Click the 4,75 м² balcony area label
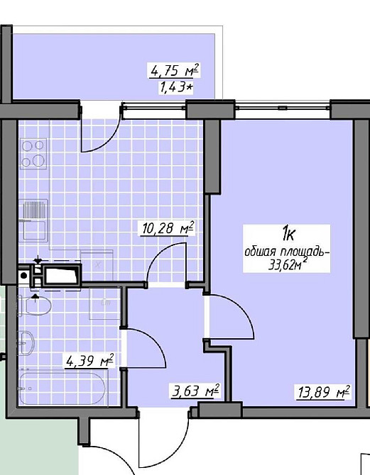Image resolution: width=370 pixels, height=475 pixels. [175, 71]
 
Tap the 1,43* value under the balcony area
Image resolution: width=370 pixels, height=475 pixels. [175, 87]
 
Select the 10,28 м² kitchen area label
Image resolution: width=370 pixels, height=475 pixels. [168, 228]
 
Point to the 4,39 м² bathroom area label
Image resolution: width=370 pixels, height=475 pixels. [89, 360]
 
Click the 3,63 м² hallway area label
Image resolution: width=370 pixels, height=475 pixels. [195, 391]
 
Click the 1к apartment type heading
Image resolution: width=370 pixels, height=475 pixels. [288, 234]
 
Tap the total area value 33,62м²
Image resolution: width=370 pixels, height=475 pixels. [286, 264]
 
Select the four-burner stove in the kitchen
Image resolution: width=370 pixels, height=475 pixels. [33, 154]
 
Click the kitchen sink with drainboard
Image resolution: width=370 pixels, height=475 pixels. [33, 220]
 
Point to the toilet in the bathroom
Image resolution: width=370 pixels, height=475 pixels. [34, 306]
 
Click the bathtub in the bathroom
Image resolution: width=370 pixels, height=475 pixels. [62, 389]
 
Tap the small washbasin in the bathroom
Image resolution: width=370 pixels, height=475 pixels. [27, 342]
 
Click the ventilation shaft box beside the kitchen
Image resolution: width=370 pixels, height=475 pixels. [62, 275]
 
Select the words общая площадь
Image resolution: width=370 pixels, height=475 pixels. [286, 252]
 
